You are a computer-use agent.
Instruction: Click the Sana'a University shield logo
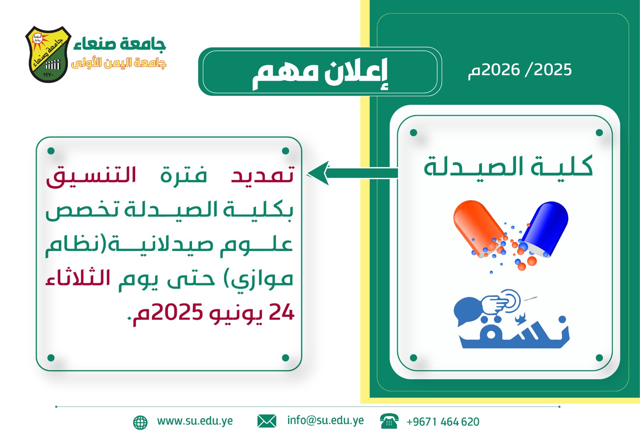click(x=48, y=54)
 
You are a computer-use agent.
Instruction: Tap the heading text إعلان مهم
click(x=320, y=74)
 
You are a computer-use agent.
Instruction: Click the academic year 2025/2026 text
click(x=520, y=70)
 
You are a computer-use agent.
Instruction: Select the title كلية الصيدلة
click(x=508, y=166)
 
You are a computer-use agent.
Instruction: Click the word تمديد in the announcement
click(x=262, y=175)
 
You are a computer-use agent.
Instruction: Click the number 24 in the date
click(x=282, y=312)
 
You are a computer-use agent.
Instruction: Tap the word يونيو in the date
click(x=235, y=314)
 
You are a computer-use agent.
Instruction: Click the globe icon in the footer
click(x=140, y=422)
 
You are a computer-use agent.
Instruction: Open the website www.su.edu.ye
click(x=195, y=421)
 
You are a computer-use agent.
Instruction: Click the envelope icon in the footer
click(x=267, y=421)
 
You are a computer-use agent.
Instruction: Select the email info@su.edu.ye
click(x=326, y=420)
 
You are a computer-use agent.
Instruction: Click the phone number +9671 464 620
click(x=443, y=422)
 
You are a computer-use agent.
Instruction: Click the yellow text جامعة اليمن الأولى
click(x=118, y=63)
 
